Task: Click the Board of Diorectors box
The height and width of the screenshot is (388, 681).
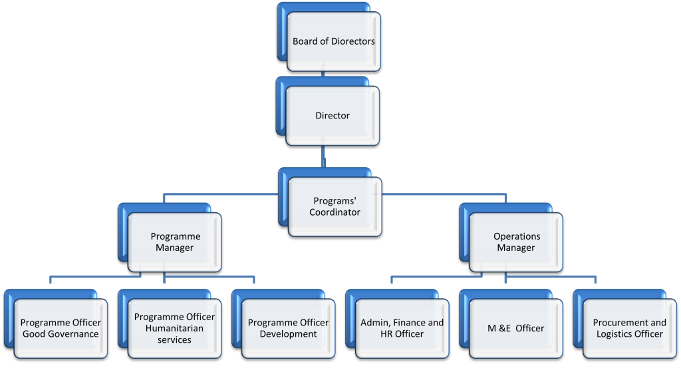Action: (x=333, y=41)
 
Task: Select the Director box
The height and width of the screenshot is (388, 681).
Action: (x=333, y=116)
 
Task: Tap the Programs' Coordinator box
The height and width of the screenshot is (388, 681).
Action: (x=335, y=206)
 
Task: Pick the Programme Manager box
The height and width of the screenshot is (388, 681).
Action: (x=175, y=242)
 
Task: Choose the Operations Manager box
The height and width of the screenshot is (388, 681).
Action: (x=516, y=242)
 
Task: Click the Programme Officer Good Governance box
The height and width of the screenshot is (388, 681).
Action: (x=61, y=328)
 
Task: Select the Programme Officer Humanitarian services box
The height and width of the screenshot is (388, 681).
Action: (x=174, y=328)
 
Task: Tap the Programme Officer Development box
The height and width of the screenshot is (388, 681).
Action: (x=288, y=328)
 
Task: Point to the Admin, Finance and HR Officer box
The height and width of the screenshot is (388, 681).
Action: (x=402, y=328)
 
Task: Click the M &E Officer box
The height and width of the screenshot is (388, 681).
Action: (x=515, y=328)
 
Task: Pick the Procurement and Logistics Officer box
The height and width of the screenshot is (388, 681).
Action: (x=629, y=328)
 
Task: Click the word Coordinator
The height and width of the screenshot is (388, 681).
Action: (x=335, y=212)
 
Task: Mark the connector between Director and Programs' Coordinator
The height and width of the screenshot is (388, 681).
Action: (x=324, y=157)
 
